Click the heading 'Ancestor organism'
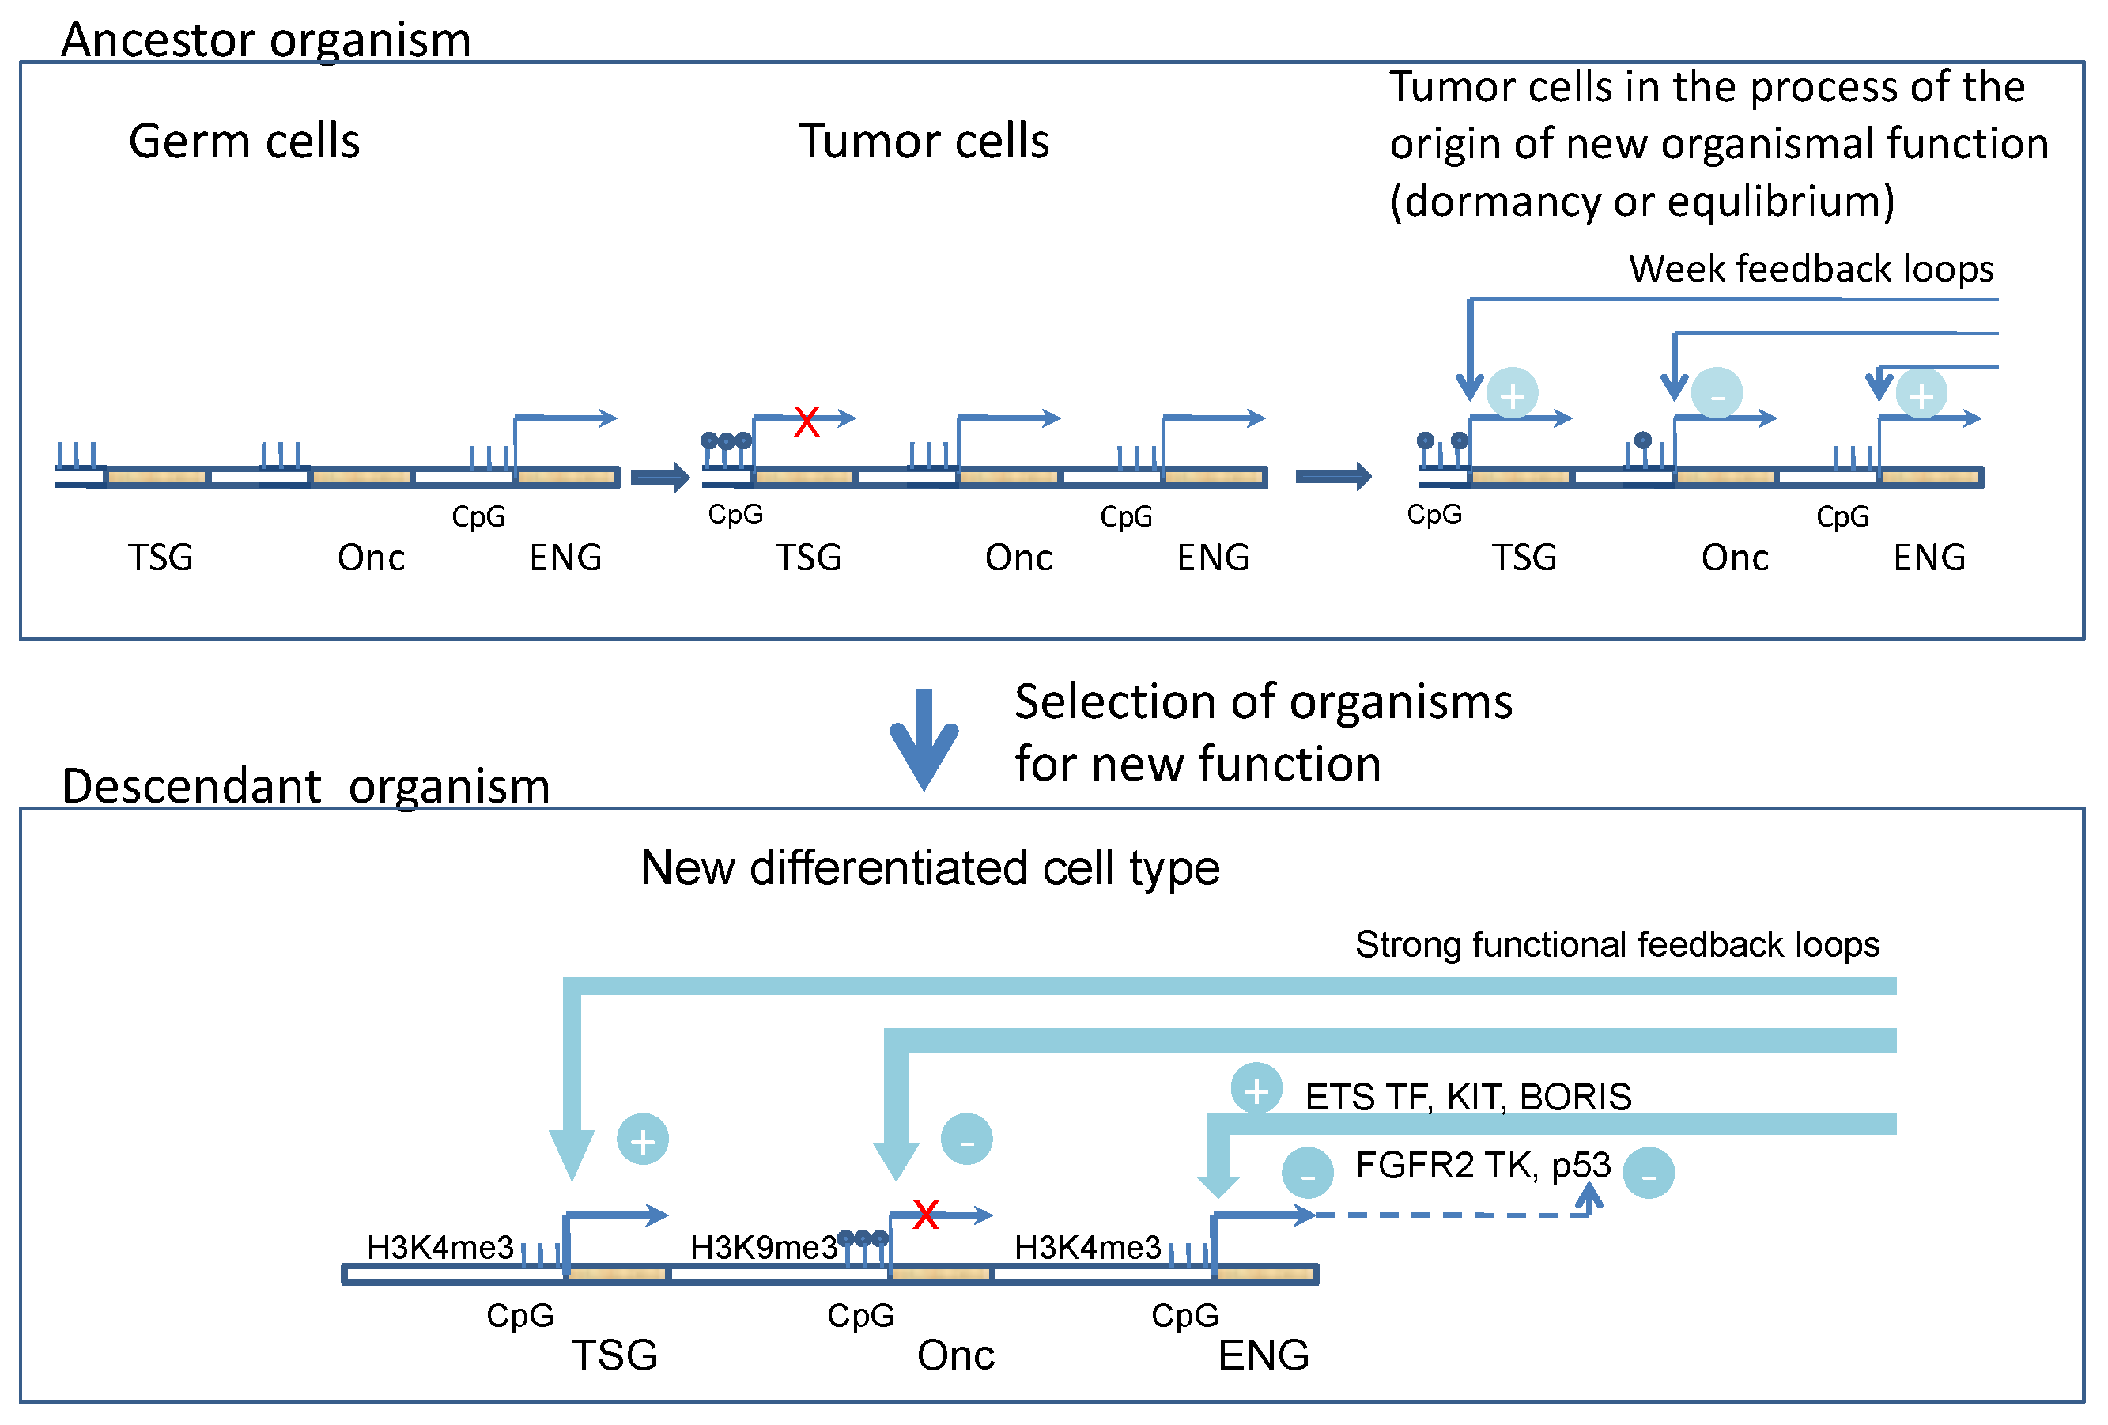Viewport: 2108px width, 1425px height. pyautogui.click(x=266, y=40)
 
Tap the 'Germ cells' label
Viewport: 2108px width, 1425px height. pyautogui.click(x=244, y=142)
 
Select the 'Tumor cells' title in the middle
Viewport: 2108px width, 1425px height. pyautogui.click(x=924, y=142)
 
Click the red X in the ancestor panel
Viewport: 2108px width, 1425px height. pyautogui.click(x=806, y=421)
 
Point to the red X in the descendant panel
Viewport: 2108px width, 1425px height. pyautogui.click(x=925, y=1214)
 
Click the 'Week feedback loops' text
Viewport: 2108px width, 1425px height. pyautogui.click(x=1811, y=269)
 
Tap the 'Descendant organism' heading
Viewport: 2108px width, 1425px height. pyautogui.click(x=306, y=785)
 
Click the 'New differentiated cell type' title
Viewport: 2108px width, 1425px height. pyautogui.click(x=930, y=868)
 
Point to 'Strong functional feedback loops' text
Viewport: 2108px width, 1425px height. pyautogui.click(x=1616, y=944)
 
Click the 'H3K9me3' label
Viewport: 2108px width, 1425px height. pyautogui.click(x=763, y=1247)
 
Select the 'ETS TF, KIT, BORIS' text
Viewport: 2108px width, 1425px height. pyautogui.click(x=1468, y=1097)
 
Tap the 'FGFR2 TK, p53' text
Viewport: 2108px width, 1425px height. pyautogui.click(x=1482, y=1165)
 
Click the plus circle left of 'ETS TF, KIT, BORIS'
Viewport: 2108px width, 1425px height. pyautogui.click(x=1256, y=1090)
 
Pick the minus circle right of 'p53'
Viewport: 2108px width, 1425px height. pyautogui.click(x=1647, y=1173)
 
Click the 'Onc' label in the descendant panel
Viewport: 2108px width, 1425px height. pyautogui.click(x=955, y=1355)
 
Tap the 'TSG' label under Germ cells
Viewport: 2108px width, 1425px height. pyautogui.click(x=161, y=558)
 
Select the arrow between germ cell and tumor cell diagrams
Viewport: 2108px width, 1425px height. pyautogui.click(x=660, y=476)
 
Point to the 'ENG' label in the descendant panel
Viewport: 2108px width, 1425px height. pyautogui.click(x=1263, y=1355)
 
